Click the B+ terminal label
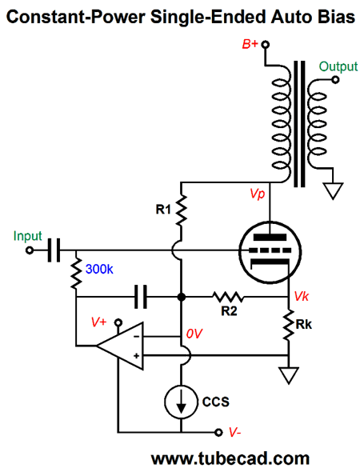(x=250, y=44)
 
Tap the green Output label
(x=338, y=66)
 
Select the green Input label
(x=27, y=236)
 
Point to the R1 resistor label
(x=163, y=210)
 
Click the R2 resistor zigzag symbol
(x=228, y=297)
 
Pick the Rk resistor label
(x=304, y=325)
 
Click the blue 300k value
(x=99, y=269)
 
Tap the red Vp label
(x=258, y=194)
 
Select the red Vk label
(x=302, y=297)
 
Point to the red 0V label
(x=194, y=334)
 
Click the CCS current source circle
(x=181, y=402)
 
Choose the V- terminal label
(x=234, y=432)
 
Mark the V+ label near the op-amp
(x=98, y=322)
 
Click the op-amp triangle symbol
(x=120, y=346)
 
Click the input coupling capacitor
(x=54, y=250)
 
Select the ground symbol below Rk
(x=289, y=375)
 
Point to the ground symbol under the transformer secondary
(x=333, y=191)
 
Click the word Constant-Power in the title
(x=76, y=17)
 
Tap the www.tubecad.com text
(x=230, y=459)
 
